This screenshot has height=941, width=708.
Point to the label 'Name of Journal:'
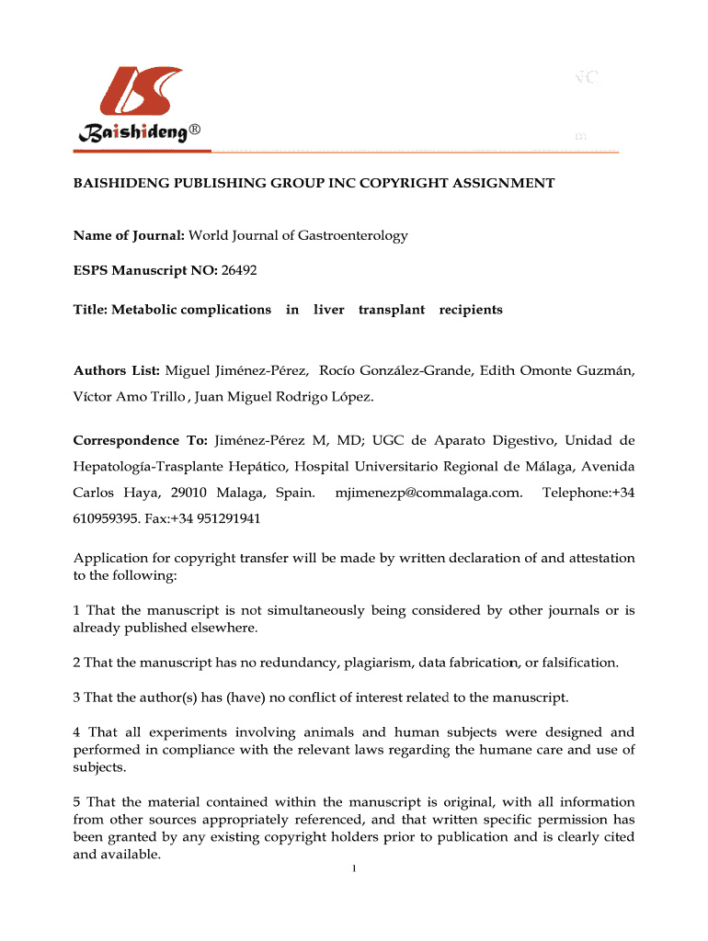pyautogui.click(x=129, y=236)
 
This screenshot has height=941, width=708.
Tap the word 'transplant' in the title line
pyautogui.click(x=392, y=310)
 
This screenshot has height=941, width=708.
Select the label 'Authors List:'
pyautogui.click(x=117, y=370)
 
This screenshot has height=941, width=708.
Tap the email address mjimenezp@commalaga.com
pyautogui.click(x=429, y=493)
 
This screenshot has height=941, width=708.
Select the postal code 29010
pyautogui.click(x=188, y=493)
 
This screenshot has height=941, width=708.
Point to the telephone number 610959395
pyautogui.click(x=106, y=518)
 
